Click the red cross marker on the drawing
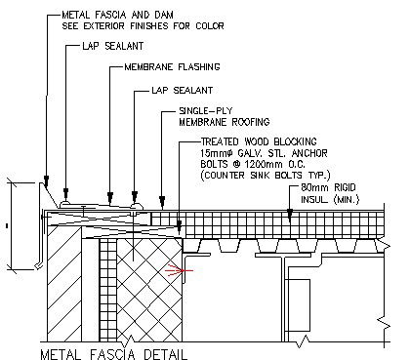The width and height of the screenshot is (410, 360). [x=177, y=265]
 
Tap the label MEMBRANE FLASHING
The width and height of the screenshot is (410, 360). [x=173, y=67]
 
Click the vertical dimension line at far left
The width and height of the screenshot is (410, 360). [x=9, y=226]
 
